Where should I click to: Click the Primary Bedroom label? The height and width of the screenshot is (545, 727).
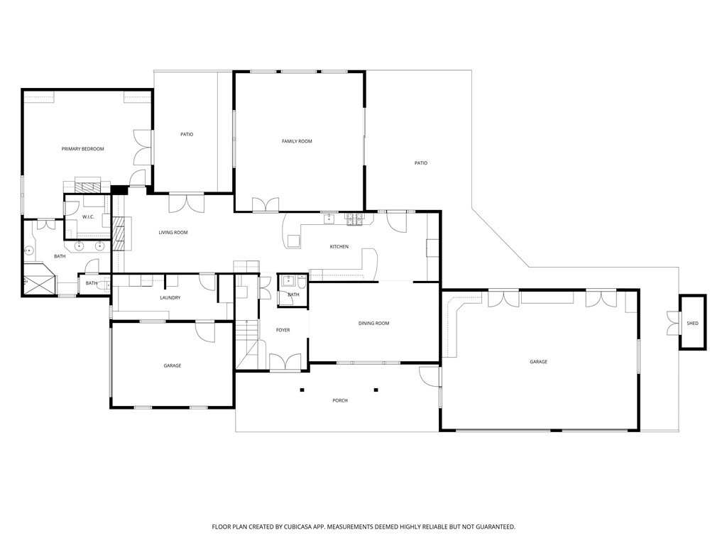pyautogui.click(x=82, y=149)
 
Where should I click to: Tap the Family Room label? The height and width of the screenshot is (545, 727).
pyautogui.click(x=297, y=141)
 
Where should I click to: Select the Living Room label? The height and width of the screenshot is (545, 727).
pyautogui.click(x=173, y=232)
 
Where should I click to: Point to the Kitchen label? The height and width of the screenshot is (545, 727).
pyautogui.click(x=339, y=246)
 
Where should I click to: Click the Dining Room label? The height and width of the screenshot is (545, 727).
pyautogui.click(x=373, y=323)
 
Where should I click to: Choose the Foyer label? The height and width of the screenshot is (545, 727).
pyautogui.click(x=283, y=330)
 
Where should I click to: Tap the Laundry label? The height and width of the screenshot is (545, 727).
pyautogui.click(x=170, y=297)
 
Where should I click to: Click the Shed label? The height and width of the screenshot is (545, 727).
pyautogui.click(x=692, y=323)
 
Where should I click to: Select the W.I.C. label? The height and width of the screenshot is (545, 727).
pyautogui.click(x=88, y=217)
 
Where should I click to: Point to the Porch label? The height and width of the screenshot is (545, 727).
pyautogui.click(x=340, y=400)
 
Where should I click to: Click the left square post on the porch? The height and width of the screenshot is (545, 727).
pyautogui.click(x=302, y=390)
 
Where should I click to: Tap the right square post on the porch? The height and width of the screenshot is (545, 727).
pyautogui.click(x=376, y=390)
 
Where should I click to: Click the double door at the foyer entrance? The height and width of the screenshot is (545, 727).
pyautogui.click(x=285, y=363)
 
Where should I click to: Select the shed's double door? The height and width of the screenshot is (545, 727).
pyautogui.click(x=673, y=323)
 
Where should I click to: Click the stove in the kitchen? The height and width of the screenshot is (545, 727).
pyautogui.click(x=355, y=219)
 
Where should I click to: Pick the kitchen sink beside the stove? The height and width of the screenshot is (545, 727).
pyautogui.click(x=329, y=218)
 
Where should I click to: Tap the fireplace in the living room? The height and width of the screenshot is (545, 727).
pyautogui.click(x=121, y=233)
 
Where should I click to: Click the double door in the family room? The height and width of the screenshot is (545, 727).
pyautogui.click(x=266, y=205)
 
